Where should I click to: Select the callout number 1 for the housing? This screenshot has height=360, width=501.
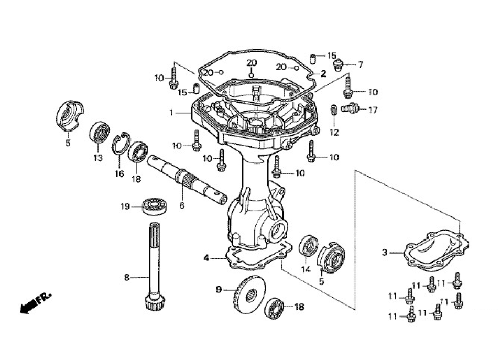tap(171, 112)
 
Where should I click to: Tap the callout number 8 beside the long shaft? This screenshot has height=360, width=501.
tap(127, 277)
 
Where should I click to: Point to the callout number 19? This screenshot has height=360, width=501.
tap(125, 206)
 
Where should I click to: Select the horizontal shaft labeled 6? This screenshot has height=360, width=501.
tap(186, 178)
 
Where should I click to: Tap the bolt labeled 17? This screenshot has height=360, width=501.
tap(350, 108)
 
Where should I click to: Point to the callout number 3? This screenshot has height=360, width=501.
tap(385, 253)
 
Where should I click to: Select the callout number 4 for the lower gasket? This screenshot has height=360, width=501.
tap(206, 257)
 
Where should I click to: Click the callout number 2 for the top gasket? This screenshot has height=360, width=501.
tap(324, 73)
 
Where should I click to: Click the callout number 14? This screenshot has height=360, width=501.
tap(306, 269)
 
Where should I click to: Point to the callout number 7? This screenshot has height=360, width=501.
tap(360, 64)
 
